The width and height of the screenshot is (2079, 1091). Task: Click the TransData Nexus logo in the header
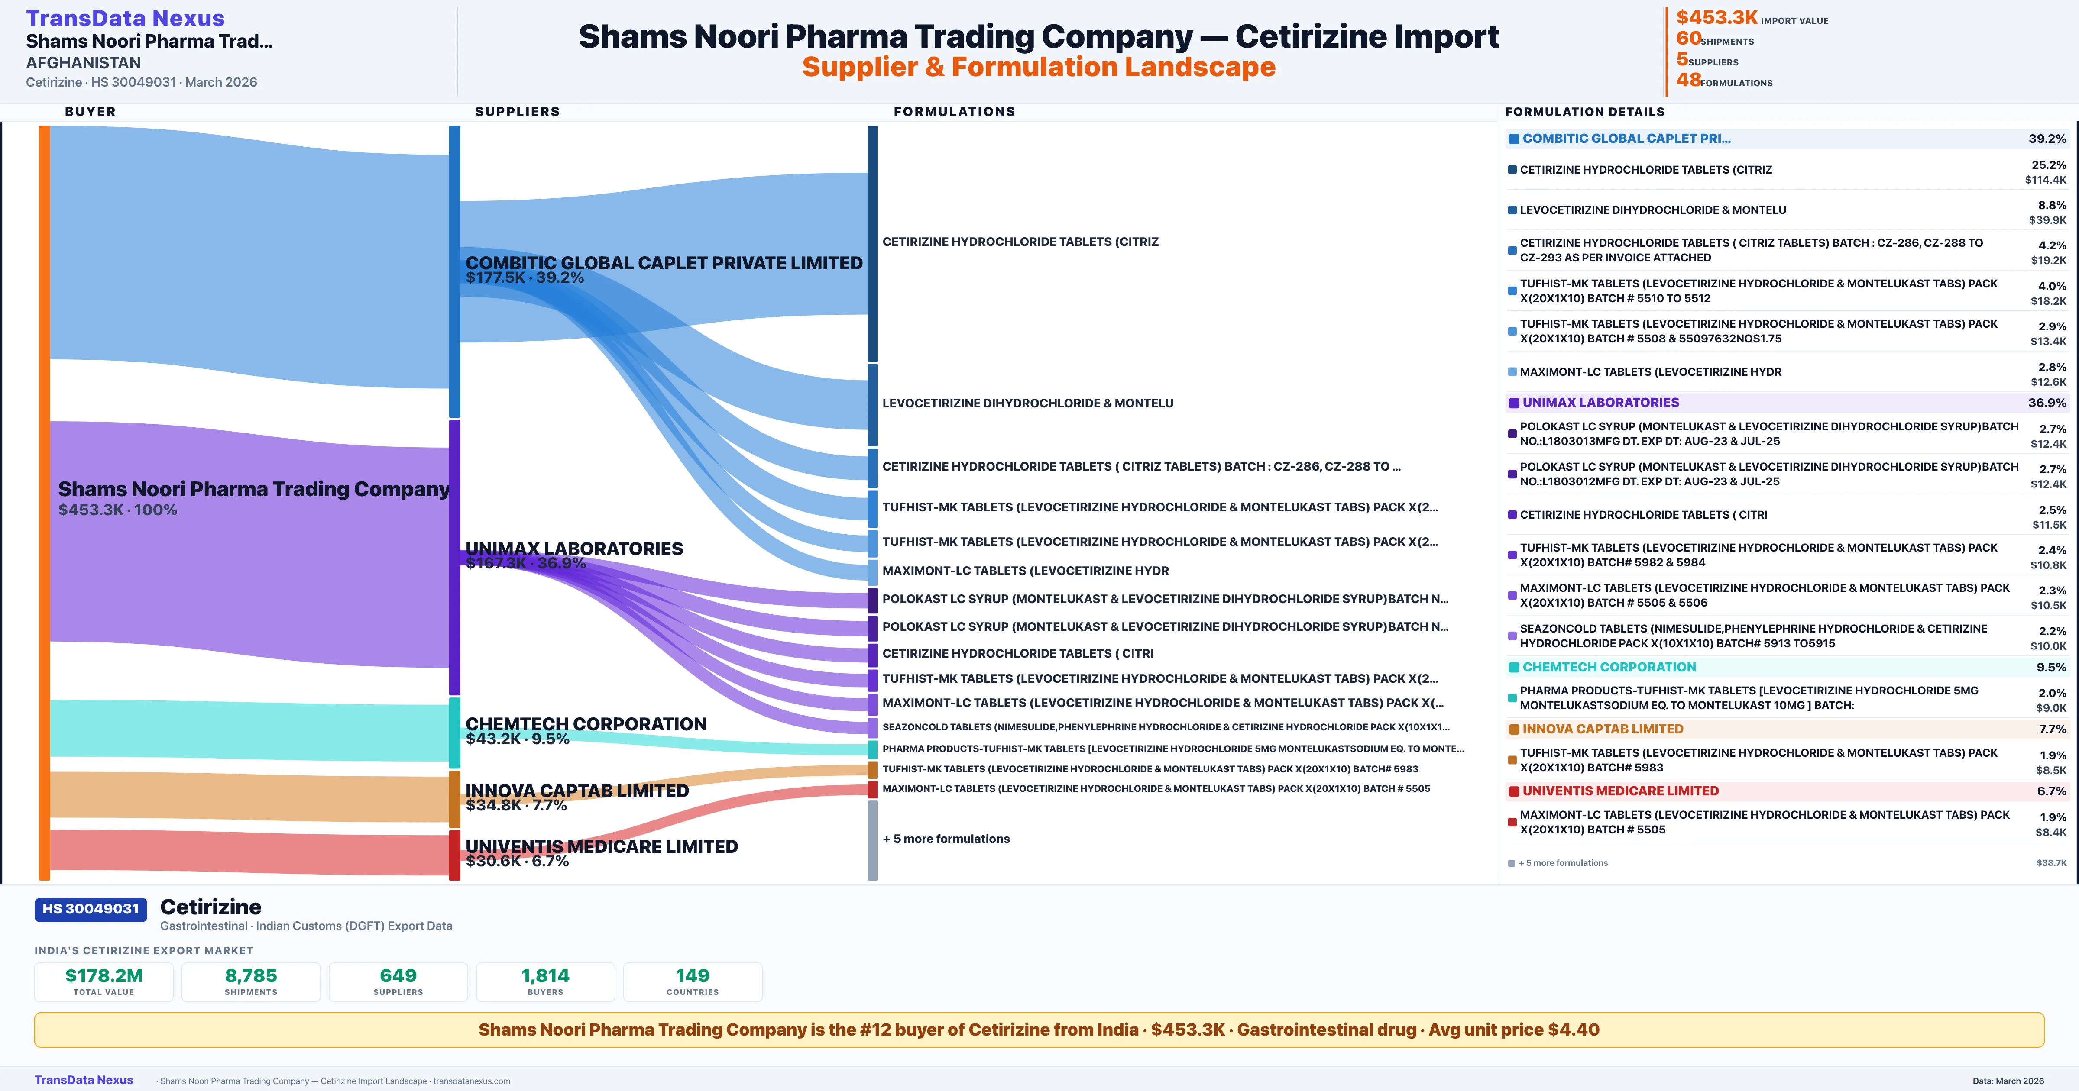click(x=125, y=18)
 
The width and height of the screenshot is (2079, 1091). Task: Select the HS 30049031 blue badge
click(x=91, y=909)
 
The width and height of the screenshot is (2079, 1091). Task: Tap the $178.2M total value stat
click(x=104, y=975)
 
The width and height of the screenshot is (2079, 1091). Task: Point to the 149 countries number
click(x=693, y=975)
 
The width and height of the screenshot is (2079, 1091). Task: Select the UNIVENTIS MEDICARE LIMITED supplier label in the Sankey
click(x=601, y=846)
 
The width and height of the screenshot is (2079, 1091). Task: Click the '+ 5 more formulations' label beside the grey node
click(x=946, y=839)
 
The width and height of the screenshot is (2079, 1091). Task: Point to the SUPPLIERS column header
click(x=517, y=111)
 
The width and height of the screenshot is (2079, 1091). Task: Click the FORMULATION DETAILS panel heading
click(x=1584, y=111)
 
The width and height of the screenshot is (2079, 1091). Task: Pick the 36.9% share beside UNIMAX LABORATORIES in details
click(x=2047, y=403)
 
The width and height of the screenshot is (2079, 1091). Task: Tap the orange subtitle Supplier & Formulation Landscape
click(x=1039, y=67)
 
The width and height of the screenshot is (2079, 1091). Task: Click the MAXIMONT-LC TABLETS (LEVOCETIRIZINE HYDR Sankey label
click(x=1025, y=571)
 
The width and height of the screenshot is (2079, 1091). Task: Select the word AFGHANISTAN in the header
click(x=83, y=62)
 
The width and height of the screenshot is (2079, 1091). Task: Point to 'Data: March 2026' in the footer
click(x=2008, y=1081)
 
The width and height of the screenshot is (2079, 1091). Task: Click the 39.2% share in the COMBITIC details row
click(x=2047, y=139)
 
